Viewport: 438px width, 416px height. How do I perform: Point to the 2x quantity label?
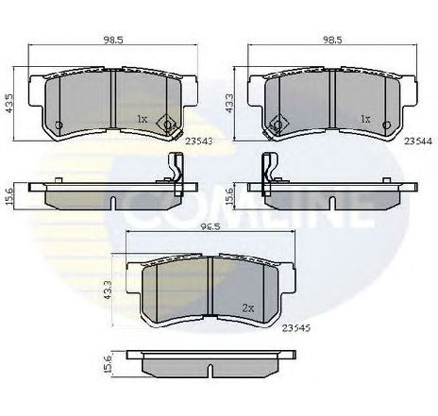249,308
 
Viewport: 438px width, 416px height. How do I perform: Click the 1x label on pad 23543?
142,120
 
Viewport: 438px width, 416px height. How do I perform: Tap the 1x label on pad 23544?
363,120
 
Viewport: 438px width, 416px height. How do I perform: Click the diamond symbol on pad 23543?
170,123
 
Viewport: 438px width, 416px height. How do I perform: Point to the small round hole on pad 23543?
59,125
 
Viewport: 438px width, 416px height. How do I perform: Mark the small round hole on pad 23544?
390,125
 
